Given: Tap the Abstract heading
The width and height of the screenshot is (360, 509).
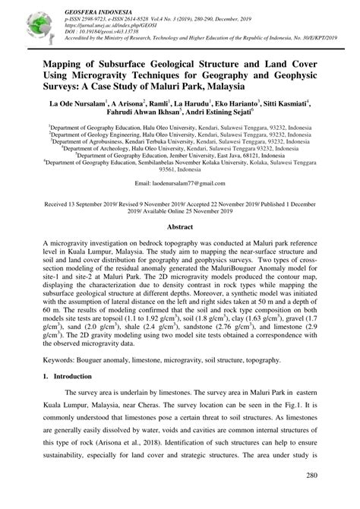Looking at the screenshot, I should coord(179,226).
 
